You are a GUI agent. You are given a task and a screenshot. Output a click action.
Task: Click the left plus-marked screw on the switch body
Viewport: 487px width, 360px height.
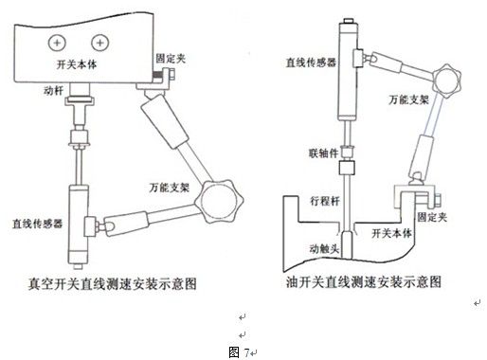(x=57, y=43)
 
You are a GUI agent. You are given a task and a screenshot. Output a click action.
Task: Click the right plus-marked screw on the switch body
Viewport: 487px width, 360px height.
(x=100, y=43)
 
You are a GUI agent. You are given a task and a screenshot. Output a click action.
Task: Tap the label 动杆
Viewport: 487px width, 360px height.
(x=53, y=91)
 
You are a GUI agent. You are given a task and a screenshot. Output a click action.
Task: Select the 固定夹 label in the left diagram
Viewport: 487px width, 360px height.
(x=171, y=59)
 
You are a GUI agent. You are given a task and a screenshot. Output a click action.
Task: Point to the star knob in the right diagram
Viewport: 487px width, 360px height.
(x=446, y=81)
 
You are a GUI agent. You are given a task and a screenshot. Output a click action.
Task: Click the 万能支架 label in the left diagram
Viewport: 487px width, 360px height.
(x=170, y=188)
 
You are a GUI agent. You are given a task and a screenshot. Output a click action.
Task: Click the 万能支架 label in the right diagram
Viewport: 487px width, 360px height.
(x=408, y=99)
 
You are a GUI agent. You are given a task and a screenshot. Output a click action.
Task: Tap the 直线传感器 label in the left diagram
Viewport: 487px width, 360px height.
(x=37, y=224)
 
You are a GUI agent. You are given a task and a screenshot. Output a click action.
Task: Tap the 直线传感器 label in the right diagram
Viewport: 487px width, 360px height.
(x=311, y=63)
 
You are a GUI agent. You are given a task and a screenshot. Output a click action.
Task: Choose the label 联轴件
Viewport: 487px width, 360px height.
(x=323, y=153)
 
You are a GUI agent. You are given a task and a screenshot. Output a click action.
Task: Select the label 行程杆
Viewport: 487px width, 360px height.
(x=325, y=201)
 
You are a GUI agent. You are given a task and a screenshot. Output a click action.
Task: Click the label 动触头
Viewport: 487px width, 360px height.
(x=324, y=249)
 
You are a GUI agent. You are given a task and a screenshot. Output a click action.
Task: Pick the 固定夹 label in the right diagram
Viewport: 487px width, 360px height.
(x=432, y=217)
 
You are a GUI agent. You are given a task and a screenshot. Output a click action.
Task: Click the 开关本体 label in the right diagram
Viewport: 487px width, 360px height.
(x=391, y=233)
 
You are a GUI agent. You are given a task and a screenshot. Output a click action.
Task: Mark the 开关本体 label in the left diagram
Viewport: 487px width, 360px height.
(x=77, y=64)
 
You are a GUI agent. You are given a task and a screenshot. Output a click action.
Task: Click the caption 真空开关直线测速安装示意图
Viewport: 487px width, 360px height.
(x=113, y=283)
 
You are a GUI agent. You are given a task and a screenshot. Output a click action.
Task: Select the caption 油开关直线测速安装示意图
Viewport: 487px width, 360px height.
(x=364, y=281)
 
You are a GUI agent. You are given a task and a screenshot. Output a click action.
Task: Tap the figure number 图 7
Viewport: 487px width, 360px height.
(x=239, y=352)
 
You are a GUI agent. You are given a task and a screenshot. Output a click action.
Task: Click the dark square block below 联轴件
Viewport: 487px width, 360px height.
(x=347, y=168)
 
